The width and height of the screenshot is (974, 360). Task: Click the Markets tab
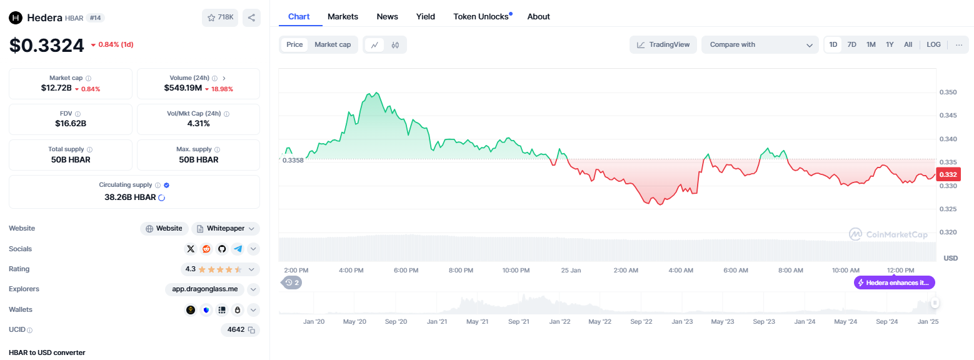343,16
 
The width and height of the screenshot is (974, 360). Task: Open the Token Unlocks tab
481,16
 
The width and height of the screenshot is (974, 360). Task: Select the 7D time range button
852,44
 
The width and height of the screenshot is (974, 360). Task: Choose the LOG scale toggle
933,44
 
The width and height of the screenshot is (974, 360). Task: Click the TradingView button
663,45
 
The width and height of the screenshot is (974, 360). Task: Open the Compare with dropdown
760,45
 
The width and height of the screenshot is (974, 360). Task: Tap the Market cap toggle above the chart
333,44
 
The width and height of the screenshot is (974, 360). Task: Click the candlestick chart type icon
395,45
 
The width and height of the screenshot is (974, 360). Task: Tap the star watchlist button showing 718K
220,17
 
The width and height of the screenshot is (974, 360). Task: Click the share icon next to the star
251,17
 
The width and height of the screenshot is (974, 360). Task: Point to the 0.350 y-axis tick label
948,92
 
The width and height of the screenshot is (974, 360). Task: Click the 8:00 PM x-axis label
461,270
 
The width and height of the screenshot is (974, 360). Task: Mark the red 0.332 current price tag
948,174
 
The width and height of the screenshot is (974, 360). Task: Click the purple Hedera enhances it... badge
895,282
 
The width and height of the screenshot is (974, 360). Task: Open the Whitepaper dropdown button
226,228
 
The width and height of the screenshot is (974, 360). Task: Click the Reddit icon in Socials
206,249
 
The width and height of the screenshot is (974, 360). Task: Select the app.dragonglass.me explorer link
205,289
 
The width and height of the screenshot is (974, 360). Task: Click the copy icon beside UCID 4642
251,330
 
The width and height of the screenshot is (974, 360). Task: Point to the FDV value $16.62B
71,124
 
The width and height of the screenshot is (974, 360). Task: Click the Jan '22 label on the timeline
560,322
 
